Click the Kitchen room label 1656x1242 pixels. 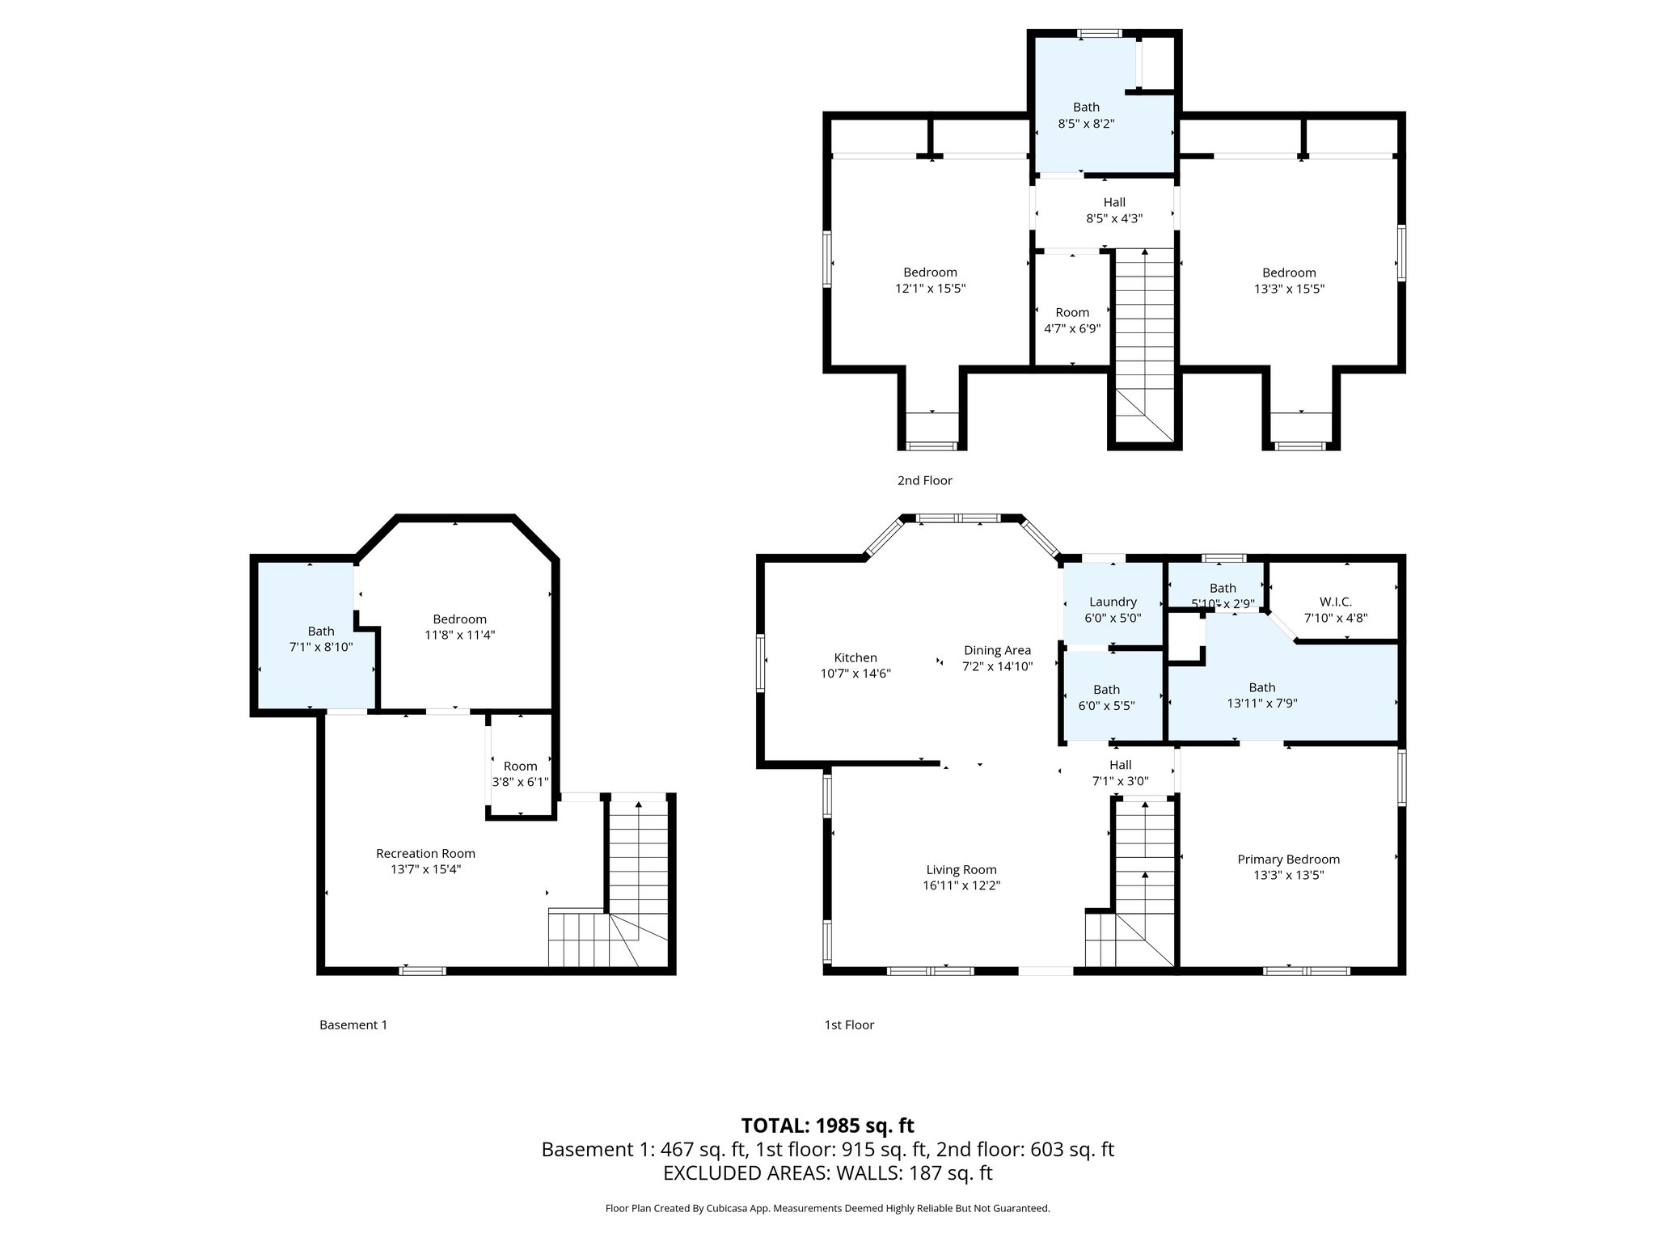(855, 657)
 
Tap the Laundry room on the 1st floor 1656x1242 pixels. (1113, 609)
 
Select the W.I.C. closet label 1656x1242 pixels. (1335, 602)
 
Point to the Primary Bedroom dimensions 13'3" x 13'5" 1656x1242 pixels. (1288, 875)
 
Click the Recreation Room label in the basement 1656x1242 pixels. (425, 853)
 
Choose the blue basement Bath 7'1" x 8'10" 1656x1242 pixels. (320, 639)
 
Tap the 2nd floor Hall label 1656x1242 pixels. (1114, 202)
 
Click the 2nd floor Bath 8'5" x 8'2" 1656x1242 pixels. (1086, 116)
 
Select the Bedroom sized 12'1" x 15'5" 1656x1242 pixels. (930, 281)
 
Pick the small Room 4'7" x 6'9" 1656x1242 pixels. (1072, 320)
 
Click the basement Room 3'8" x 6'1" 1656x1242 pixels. (520, 774)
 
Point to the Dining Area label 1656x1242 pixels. (997, 650)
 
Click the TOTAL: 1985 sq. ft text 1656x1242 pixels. (827, 1125)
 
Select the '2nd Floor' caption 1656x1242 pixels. (924, 480)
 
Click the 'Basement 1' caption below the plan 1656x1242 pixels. (353, 1024)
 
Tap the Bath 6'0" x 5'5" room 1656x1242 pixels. (1106, 697)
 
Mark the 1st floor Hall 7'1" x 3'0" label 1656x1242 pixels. (1120, 773)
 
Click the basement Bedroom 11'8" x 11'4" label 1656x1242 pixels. (459, 627)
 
